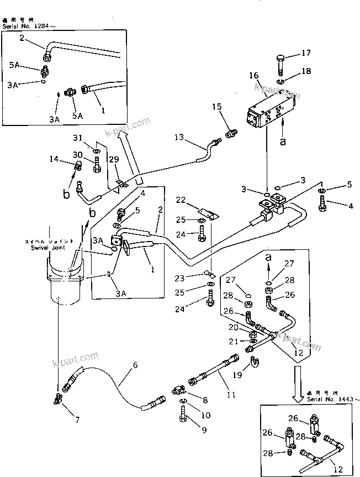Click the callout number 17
point(306,53)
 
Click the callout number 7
point(77,420)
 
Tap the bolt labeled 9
point(182,430)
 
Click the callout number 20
point(234,328)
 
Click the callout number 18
point(306,72)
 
